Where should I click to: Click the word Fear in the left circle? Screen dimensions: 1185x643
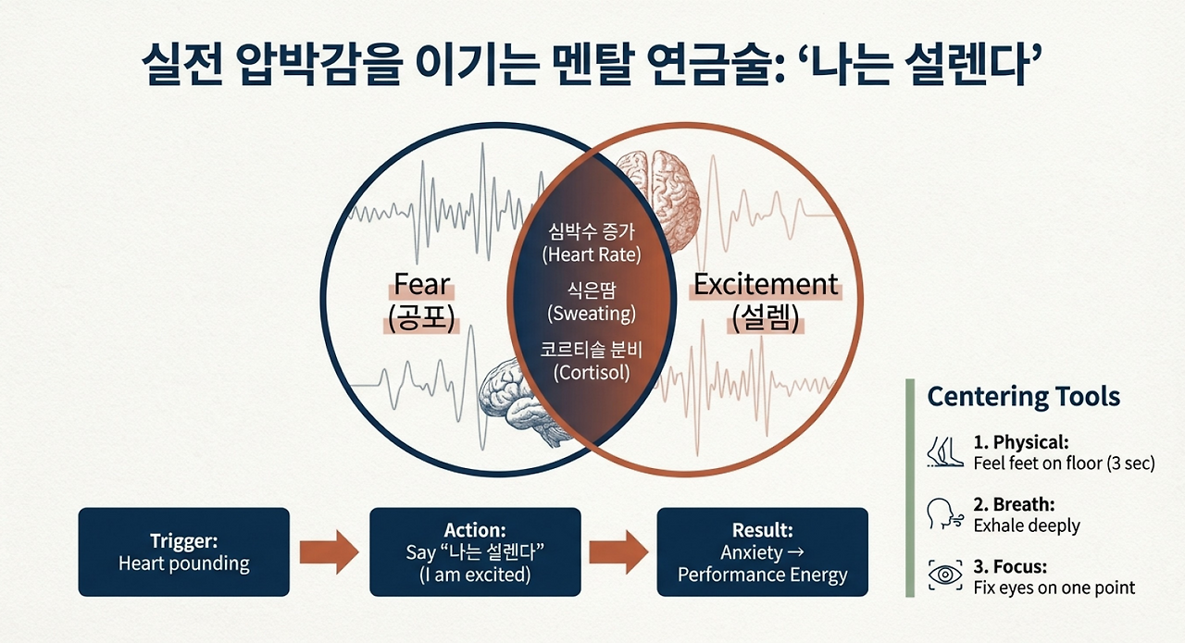[x=421, y=284]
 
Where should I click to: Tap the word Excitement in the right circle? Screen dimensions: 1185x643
[x=766, y=284]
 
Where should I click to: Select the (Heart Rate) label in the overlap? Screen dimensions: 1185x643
[x=592, y=254]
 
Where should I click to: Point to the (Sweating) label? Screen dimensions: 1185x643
[x=592, y=314]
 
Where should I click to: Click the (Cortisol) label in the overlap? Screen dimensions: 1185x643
[x=592, y=373]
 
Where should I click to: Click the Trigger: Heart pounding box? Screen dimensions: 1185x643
[x=184, y=552]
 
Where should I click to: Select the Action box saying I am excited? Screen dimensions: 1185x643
[x=475, y=552]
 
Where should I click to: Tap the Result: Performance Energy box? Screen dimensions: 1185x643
[x=762, y=552]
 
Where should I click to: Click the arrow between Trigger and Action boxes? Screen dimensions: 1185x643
[x=329, y=552]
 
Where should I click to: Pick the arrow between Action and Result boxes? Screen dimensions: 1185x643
[x=618, y=552]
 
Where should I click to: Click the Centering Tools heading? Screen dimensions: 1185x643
[x=1023, y=397]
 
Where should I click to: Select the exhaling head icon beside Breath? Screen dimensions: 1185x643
[x=944, y=514]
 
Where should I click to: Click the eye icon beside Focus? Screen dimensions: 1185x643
[x=945, y=575]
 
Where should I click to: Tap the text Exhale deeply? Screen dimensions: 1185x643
[x=1027, y=526]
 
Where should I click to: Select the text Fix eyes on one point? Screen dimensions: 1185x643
[x=1054, y=587]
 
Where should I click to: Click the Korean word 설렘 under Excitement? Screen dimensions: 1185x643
[x=766, y=318]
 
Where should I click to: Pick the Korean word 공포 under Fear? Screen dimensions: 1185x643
[x=421, y=318]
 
